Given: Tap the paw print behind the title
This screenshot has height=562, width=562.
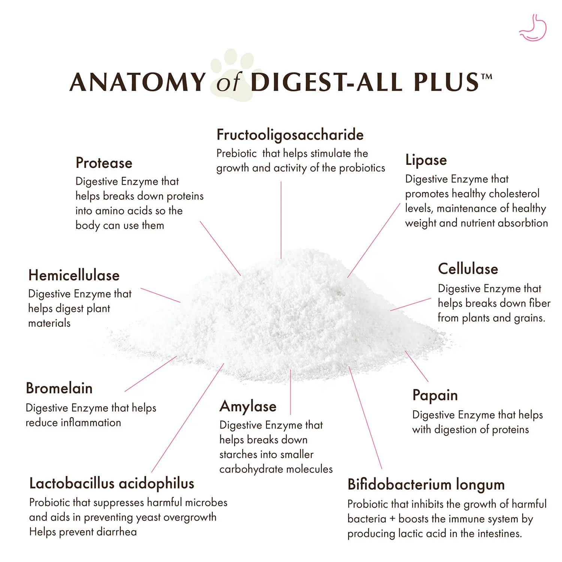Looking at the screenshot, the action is pyautogui.click(x=236, y=75).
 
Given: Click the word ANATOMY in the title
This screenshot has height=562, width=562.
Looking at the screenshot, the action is pyautogui.click(x=138, y=82).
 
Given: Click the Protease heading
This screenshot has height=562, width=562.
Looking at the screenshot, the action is pyautogui.click(x=104, y=163).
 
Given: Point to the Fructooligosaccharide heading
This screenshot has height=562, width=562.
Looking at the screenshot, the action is pyautogui.click(x=290, y=135).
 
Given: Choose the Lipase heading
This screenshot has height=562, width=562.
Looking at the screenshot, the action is pyautogui.click(x=426, y=160).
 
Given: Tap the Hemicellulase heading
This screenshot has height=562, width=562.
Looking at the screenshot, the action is pyautogui.click(x=74, y=275).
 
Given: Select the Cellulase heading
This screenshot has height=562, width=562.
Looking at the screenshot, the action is pyautogui.click(x=468, y=269).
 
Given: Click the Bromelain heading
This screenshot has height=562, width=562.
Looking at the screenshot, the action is pyautogui.click(x=59, y=388).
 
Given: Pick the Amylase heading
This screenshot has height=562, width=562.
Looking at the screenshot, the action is pyautogui.click(x=248, y=407).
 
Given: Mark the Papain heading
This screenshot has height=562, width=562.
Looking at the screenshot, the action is pyautogui.click(x=435, y=396).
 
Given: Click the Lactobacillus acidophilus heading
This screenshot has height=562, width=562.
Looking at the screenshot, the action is pyautogui.click(x=112, y=484).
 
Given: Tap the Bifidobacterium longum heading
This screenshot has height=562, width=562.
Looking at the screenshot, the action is pyautogui.click(x=426, y=485).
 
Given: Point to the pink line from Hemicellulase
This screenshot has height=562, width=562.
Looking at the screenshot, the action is pyautogui.click(x=160, y=295).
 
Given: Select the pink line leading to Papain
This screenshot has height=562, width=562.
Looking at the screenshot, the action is pyautogui.click(x=416, y=366).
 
